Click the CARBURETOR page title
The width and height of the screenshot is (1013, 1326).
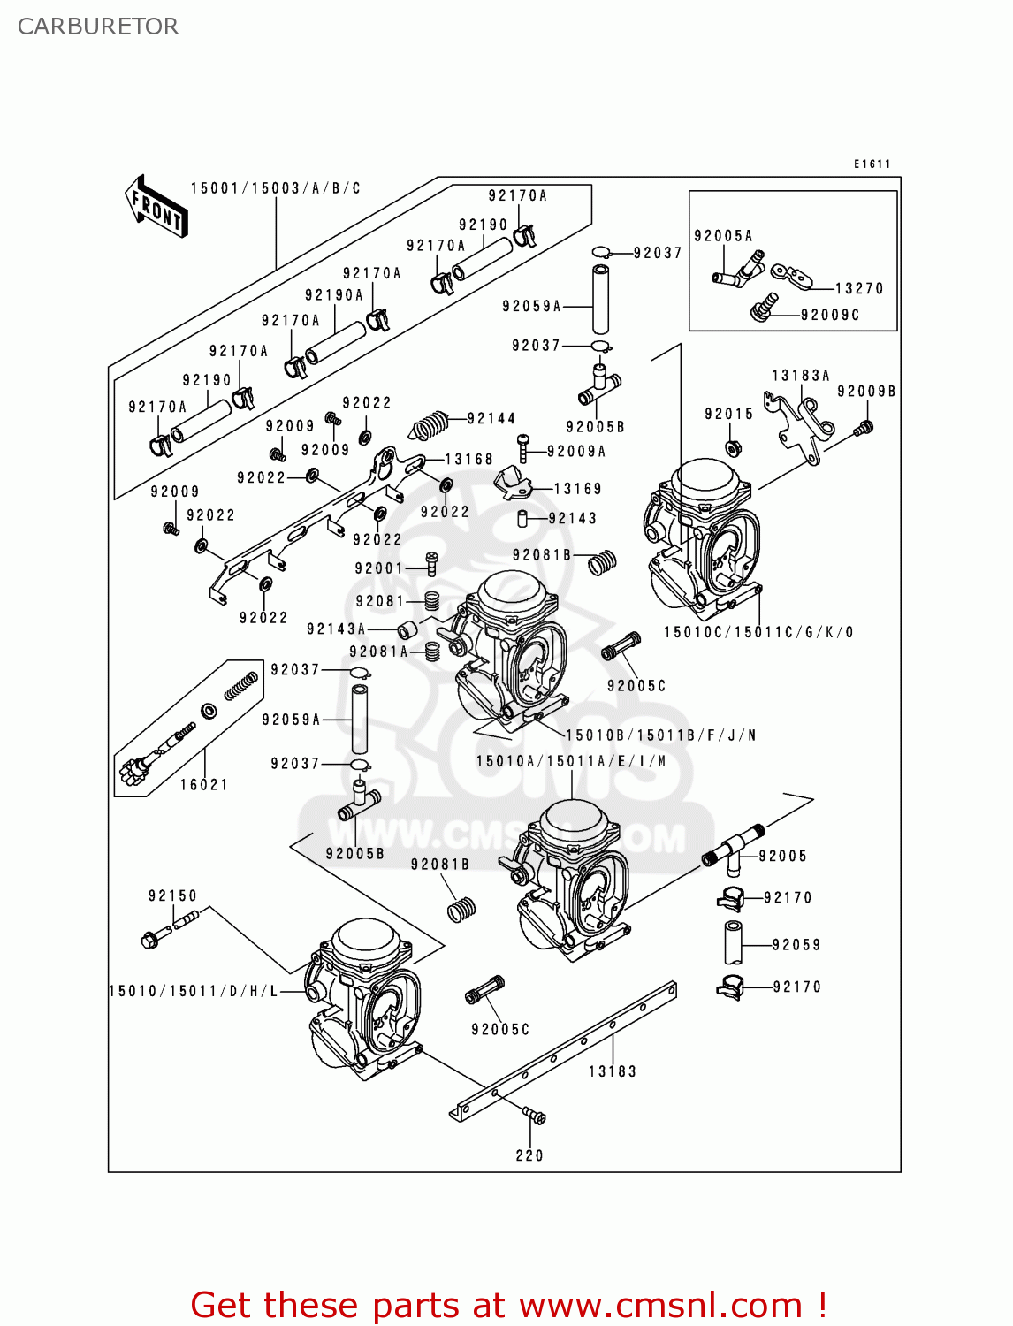[x=98, y=27]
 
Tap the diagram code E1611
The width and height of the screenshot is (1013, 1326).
[x=872, y=164]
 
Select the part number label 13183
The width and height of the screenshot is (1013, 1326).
[x=612, y=1071]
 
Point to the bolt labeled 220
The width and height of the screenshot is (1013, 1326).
[x=534, y=1117]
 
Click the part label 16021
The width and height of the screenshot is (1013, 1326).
[x=203, y=784]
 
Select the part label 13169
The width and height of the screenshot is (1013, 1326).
[x=577, y=489]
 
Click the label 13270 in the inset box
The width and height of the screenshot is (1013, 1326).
[x=858, y=288]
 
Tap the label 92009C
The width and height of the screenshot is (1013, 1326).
[x=829, y=315]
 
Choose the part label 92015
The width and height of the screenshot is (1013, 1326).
[x=728, y=414]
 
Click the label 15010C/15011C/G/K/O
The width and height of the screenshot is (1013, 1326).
[x=758, y=632]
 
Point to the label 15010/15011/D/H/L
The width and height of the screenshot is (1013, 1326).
[x=193, y=991]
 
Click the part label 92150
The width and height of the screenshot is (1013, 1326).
[x=172, y=895]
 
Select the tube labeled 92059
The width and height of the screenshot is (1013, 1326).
[x=733, y=943]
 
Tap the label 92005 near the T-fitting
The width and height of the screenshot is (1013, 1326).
[x=782, y=856]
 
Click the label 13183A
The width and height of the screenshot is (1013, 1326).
[x=800, y=376]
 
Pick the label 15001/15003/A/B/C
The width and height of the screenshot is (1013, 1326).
[x=275, y=188]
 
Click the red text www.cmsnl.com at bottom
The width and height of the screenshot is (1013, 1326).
[x=659, y=1305]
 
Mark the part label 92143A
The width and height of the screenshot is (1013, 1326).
[x=336, y=629]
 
